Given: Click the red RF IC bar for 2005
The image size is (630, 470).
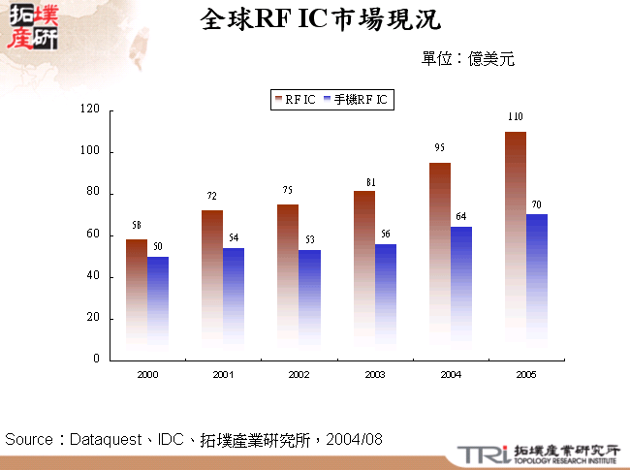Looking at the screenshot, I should coord(516,242).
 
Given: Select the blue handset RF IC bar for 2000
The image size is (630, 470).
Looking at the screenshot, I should coord(158,305).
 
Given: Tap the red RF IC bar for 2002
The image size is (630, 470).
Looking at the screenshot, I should coord(288,281).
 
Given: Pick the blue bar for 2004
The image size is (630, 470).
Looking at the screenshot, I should coord(461,291).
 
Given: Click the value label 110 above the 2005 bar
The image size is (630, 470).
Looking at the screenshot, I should coord(516,117).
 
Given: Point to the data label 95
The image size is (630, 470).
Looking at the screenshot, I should coord(440,148).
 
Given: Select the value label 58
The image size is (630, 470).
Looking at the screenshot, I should coord(137,225).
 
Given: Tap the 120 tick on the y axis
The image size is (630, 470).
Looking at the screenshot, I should coord(91,110).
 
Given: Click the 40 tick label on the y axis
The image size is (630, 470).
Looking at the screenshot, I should coord(93,276).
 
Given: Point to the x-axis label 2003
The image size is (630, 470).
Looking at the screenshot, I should coord(375,374).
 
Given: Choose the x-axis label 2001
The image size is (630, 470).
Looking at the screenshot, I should coord(223,374).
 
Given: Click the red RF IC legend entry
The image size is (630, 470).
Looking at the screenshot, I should coord(296,100).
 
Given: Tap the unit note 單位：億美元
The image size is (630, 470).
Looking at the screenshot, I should coord(468,59).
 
